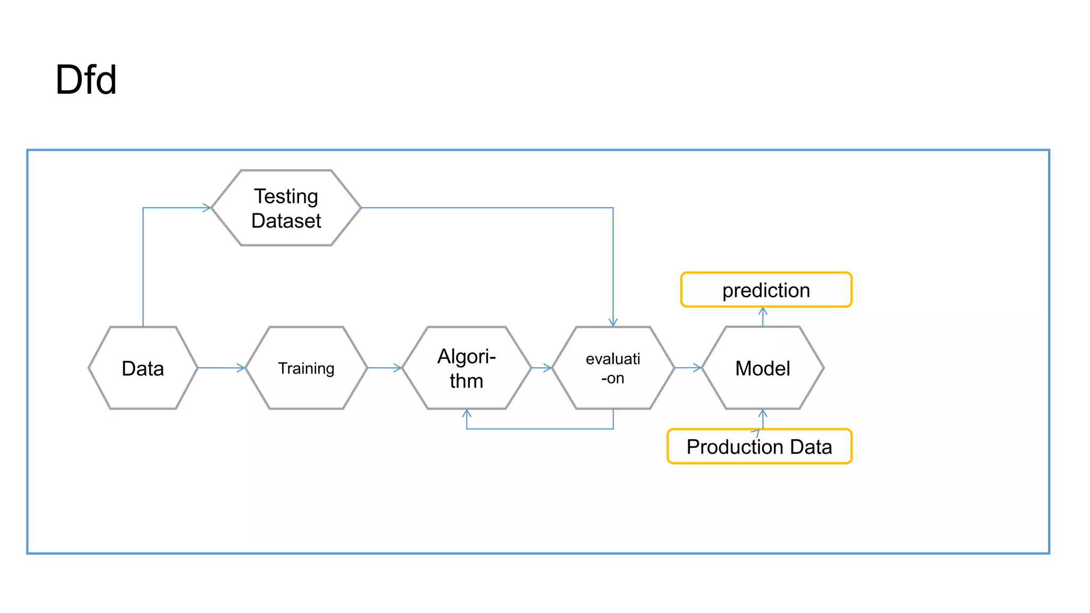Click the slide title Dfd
[x=86, y=80]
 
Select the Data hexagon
[x=143, y=368]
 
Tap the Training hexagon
[x=306, y=368]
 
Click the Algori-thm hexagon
[x=466, y=368]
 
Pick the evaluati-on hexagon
[x=613, y=368]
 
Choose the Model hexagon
[x=762, y=368]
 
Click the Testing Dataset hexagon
[x=286, y=208]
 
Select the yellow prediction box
[x=766, y=290]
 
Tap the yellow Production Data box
[x=759, y=446]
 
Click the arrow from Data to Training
[x=221, y=368]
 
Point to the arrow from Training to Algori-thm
[x=384, y=368]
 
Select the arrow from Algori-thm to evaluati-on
[x=542, y=368]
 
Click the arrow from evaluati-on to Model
[x=688, y=368]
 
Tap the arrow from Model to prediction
[x=763, y=317]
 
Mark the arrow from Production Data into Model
[x=763, y=419]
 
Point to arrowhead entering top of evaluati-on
[x=613, y=322]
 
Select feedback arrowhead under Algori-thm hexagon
[x=467, y=413]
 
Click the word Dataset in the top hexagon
[x=286, y=221]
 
